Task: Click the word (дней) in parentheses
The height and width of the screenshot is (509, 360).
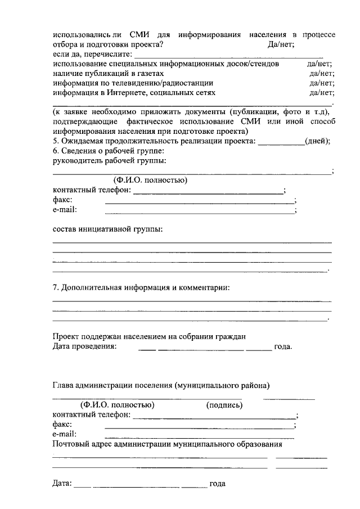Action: coord(316,141)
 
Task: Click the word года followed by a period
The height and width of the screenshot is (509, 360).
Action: coord(282,346)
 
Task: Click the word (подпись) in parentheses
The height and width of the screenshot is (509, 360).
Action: coord(224,405)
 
